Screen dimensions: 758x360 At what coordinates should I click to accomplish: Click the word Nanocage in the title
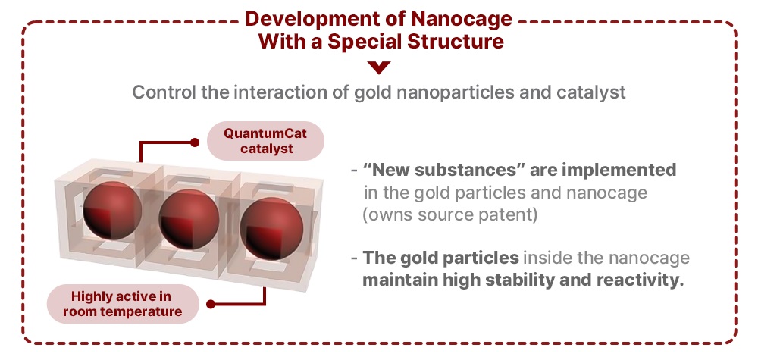click(461, 19)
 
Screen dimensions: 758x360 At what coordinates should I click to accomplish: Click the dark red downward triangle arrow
click(379, 67)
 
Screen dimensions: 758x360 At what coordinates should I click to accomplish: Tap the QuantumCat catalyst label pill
click(265, 141)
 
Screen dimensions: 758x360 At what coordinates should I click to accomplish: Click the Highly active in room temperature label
click(123, 303)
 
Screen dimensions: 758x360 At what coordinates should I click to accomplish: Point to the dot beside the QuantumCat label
click(194, 142)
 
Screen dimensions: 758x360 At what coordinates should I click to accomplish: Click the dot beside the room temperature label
click(210, 304)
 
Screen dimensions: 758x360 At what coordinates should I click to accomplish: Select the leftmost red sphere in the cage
click(113, 210)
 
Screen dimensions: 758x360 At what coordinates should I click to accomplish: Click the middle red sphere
click(189, 219)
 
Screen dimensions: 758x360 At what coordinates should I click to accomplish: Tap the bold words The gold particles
click(441, 258)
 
